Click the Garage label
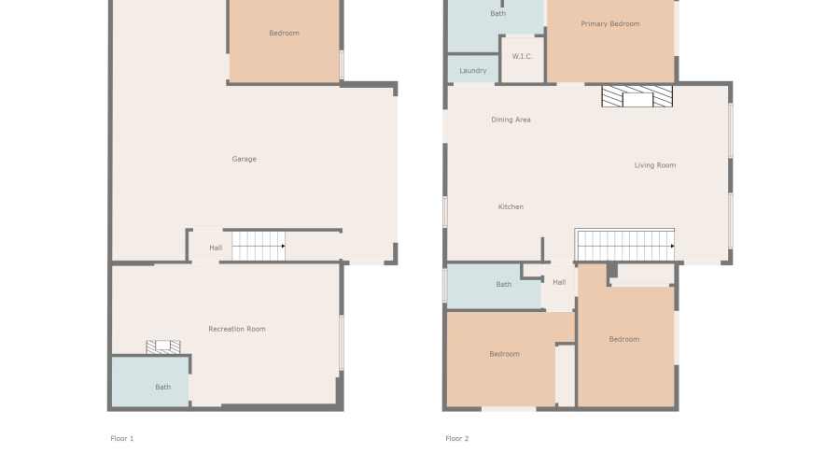(x=245, y=159)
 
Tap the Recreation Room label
(x=237, y=329)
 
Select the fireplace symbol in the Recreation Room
(x=163, y=347)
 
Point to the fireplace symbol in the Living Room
(x=637, y=97)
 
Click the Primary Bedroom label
(x=610, y=23)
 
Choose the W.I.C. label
(x=522, y=56)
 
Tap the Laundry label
(x=473, y=70)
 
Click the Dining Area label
(x=511, y=120)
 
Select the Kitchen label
(x=511, y=206)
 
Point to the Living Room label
(x=655, y=165)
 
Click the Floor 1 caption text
(x=122, y=438)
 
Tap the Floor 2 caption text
(x=457, y=438)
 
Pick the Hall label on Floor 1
(x=216, y=248)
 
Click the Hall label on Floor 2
(x=559, y=282)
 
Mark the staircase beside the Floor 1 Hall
(x=259, y=246)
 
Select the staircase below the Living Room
(x=624, y=246)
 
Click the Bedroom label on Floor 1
(x=284, y=34)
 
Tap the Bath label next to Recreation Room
(x=163, y=387)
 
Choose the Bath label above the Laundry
(x=498, y=13)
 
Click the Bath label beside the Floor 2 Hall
(x=504, y=284)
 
